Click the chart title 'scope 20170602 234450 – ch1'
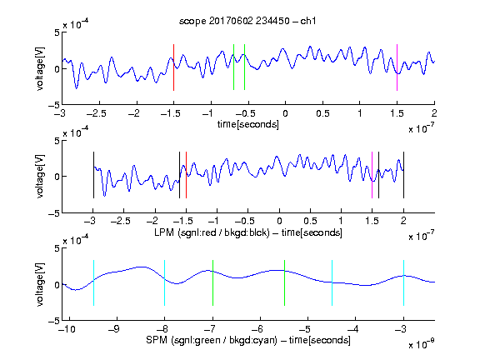pyautogui.click(x=247, y=21)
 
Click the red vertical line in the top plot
pyautogui.click(x=174, y=67)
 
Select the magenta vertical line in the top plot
pyautogui.click(x=397, y=67)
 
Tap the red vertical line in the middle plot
pyautogui.click(x=186, y=175)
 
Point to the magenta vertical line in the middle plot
pyautogui.click(x=372, y=175)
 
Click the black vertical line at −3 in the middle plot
pyautogui.click(x=93, y=175)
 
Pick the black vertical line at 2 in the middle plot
pyautogui.click(x=403, y=175)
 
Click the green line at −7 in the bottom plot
pyautogui.click(x=212, y=282)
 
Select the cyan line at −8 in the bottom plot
pyautogui.click(x=165, y=282)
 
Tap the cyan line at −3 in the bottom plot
pyautogui.click(x=403, y=282)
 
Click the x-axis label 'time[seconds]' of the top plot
pyautogui.click(x=248, y=125)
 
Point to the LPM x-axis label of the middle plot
pyautogui.click(x=248, y=232)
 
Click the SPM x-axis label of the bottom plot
pyautogui.click(x=248, y=340)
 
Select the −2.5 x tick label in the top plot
pyautogui.click(x=97, y=114)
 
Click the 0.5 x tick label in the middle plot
pyautogui.click(x=310, y=221)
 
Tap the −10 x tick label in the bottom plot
pyautogui.click(x=67, y=329)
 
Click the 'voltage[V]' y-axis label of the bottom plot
pyautogui.click(x=40, y=284)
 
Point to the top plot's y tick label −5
pyautogui.click(x=54, y=105)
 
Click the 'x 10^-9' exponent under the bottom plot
pyautogui.click(x=422, y=344)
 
